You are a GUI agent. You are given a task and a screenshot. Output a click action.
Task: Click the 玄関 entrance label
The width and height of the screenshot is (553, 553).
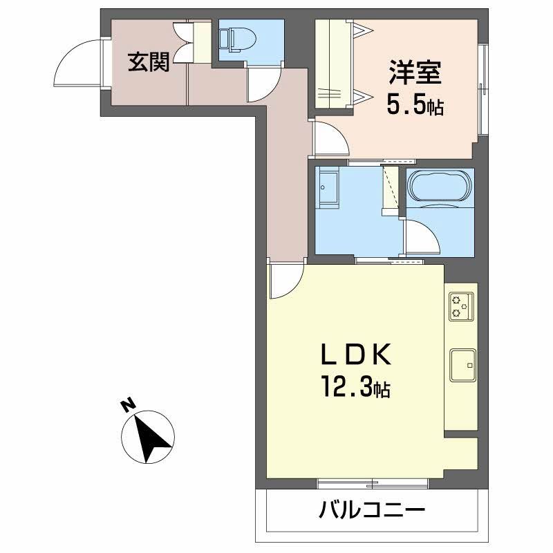(148, 63)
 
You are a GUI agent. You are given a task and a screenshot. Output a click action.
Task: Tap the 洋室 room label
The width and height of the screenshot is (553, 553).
(415, 73)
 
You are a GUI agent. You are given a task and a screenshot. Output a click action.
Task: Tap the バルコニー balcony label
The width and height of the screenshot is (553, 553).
(371, 512)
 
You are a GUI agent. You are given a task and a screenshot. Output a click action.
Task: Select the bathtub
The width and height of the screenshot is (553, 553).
(440, 187)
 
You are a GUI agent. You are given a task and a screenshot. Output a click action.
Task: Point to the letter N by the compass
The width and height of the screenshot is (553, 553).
(126, 405)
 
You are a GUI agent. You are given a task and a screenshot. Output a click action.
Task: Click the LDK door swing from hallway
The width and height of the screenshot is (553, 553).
(285, 280)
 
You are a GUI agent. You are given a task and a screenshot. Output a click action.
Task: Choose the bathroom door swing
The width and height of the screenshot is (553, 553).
(421, 238)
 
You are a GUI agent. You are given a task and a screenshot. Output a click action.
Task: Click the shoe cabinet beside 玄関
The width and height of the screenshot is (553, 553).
(201, 43)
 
